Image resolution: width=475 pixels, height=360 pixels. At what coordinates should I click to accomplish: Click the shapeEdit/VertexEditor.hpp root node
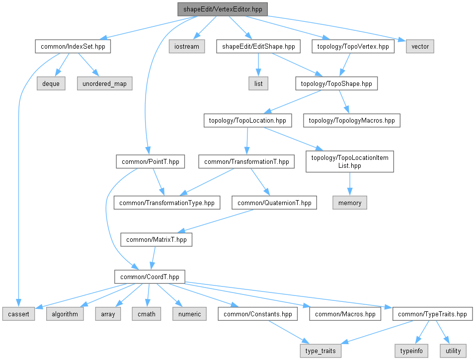[x=223, y=9]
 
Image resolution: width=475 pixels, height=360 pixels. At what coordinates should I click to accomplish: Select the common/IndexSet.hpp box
[x=73, y=46]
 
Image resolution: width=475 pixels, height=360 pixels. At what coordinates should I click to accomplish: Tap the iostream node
[x=187, y=46]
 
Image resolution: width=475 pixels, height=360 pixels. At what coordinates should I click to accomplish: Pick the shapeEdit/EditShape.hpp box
[x=258, y=46]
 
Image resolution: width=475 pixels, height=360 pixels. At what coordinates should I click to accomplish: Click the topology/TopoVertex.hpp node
[x=353, y=46]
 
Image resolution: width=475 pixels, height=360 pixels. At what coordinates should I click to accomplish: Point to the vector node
[x=420, y=46]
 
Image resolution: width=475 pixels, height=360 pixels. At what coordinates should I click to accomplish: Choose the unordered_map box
[x=104, y=83]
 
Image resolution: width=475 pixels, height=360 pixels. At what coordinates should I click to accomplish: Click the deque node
[x=51, y=83]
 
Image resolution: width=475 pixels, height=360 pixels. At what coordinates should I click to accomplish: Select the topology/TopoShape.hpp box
[x=336, y=83]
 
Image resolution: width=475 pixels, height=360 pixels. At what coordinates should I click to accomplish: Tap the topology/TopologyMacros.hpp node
[x=352, y=121]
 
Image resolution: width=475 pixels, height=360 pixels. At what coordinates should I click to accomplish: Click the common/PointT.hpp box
[x=150, y=162]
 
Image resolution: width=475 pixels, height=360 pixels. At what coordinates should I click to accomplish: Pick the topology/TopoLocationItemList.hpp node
[x=350, y=162]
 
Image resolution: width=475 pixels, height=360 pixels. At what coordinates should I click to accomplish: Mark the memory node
[x=350, y=203]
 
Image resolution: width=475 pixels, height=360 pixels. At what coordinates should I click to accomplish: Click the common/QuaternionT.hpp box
[x=274, y=203]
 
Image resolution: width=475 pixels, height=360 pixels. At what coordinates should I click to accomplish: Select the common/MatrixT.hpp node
[x=157, y=240]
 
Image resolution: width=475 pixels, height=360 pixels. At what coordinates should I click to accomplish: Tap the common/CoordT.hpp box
[x=150, y=277]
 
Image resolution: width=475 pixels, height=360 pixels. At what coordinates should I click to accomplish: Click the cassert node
[x=18, y=314]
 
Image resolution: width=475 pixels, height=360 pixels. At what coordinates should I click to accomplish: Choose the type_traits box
[x=320, y=351]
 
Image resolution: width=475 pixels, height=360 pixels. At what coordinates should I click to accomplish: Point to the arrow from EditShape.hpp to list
[x=258, y=65]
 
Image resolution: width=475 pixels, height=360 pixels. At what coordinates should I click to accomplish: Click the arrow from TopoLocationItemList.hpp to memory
[x=350, y=184]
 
